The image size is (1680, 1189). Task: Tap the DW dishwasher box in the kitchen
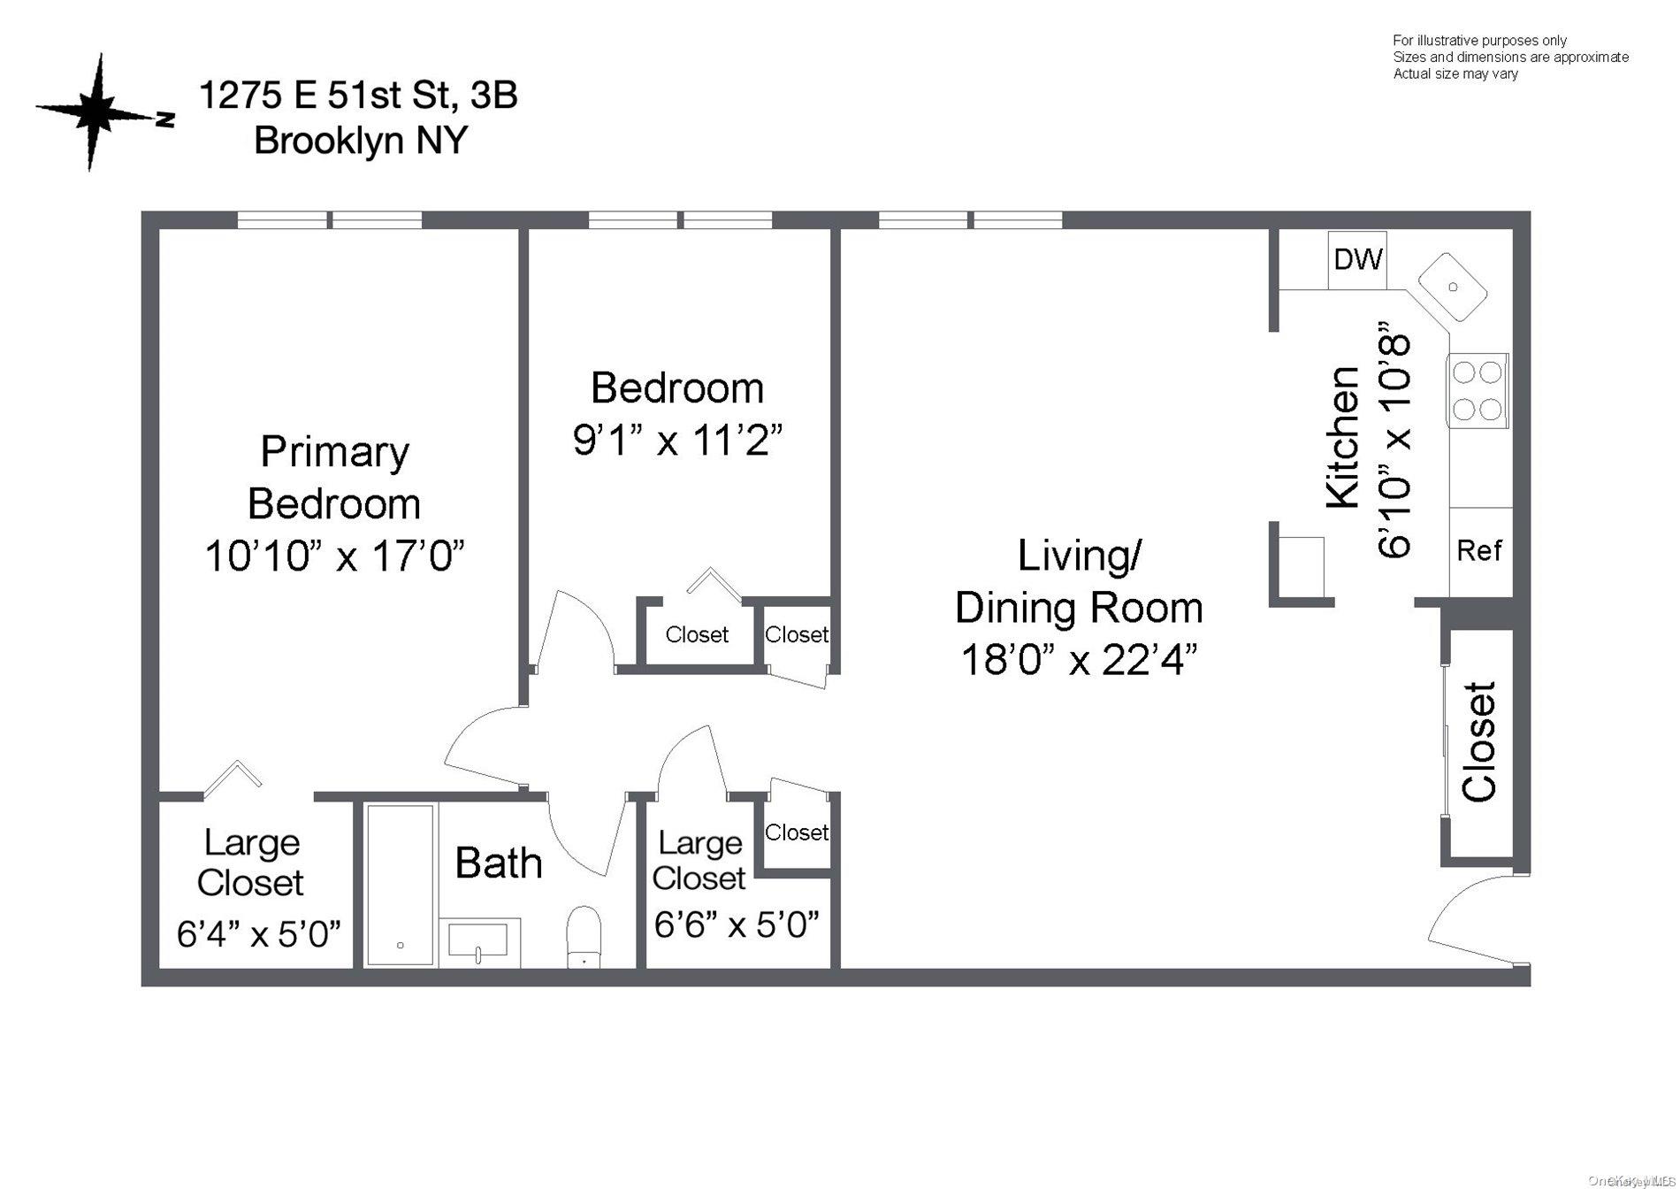coord(1357,259)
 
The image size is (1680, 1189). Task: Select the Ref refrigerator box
coord(1479,551)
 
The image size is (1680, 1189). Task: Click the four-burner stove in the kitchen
coord(1478,390)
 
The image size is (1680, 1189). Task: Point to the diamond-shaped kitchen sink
coord(1453,287)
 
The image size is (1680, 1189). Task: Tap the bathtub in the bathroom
coord(401,885)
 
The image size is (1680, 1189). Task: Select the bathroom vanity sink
coord(478,941)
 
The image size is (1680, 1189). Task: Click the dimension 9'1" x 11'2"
coord(678,440)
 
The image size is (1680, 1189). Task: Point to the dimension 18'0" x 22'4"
coord(1079,659)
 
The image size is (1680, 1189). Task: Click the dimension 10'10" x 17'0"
coord(334,556)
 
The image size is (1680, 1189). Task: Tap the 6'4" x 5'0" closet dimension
coord(258,933)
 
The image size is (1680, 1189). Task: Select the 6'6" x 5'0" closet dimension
coord(737,924)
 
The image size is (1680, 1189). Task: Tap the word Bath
coord(499,863)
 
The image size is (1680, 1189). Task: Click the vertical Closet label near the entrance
coord(1479,741)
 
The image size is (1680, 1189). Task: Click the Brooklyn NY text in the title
coord(361,141)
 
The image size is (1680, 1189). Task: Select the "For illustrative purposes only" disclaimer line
coord(1479,41)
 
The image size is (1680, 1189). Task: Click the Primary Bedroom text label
coord(334,478)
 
